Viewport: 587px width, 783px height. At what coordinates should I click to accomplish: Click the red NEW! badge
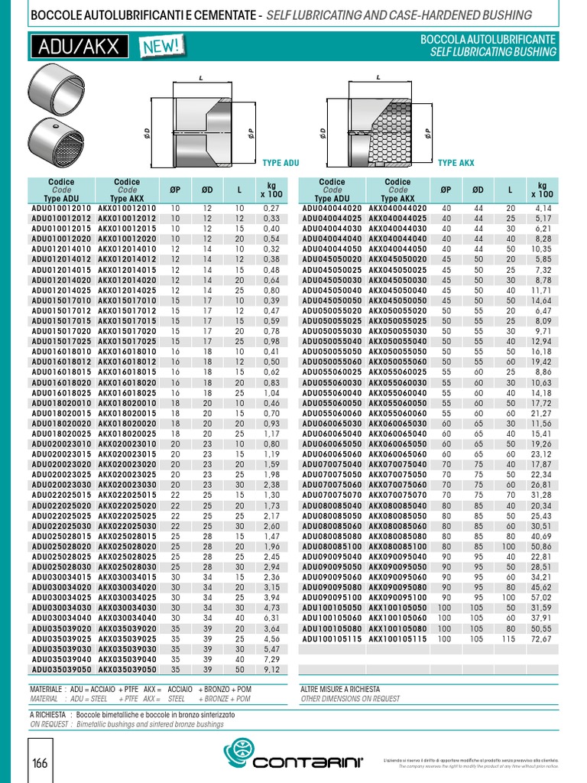click(161, 47)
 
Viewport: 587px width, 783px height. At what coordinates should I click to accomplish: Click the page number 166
click(41, 764)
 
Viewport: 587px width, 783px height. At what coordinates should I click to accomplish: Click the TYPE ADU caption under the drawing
click(281, 163)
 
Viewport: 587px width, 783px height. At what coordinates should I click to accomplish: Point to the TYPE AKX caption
click(456, 163)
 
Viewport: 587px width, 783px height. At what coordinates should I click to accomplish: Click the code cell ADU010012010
click(61, 208)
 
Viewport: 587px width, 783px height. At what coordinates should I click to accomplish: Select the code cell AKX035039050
click(128, 669)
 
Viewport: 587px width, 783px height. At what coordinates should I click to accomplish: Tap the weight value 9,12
click(271, 669)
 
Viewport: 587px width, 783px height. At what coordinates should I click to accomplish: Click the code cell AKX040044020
click(398, 208)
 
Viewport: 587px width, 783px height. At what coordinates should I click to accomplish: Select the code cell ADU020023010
click(61, 443)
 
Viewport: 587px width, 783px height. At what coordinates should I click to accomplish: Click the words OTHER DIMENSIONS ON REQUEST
click(350, 699)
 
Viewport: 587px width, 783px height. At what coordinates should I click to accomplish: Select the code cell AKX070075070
click(398, 495)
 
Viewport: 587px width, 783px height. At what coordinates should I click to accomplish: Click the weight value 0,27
click(271, 208)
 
